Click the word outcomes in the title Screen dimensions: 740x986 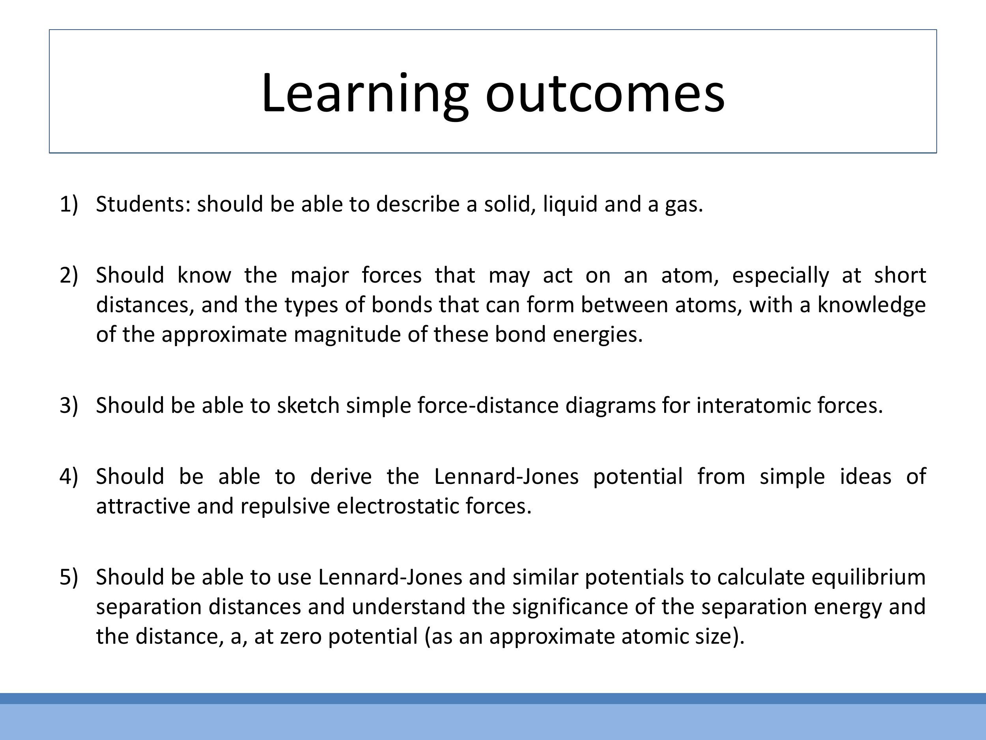[x=605, y=94]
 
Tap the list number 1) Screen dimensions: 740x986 [x=69, y=204]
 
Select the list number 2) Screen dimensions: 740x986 [x=69, y=275]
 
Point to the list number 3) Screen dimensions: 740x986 [x=69, y=405]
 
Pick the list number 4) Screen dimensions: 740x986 [x=69, y=476]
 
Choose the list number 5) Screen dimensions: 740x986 [x=69, y=577]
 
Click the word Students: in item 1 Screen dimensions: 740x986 [x=143, y=204]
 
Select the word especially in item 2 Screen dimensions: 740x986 [x=780, y=275]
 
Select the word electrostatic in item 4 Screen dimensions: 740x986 [x=398, y=506]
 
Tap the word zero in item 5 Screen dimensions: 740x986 [x=301, y=637]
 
